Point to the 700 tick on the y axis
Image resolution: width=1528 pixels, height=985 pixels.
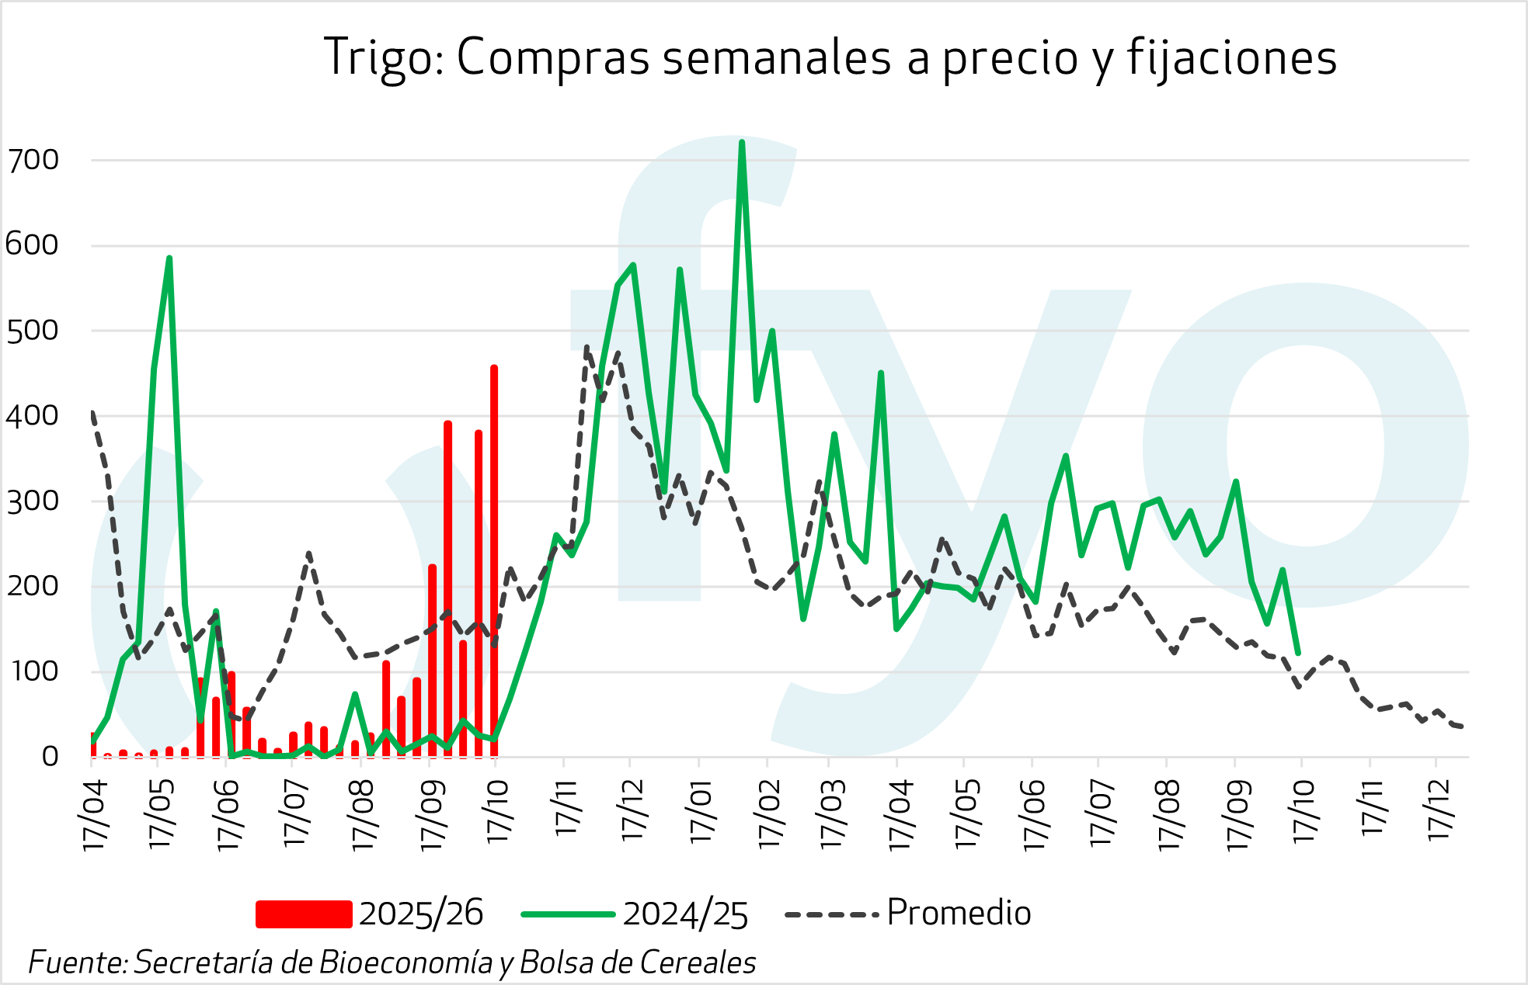(x=33, y=160)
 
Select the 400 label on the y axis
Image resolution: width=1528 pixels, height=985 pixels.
(x=33, y=416)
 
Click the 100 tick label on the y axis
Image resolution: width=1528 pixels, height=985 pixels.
(x=33, y=671)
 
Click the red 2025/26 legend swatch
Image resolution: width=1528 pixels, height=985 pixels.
(x=304, y=914)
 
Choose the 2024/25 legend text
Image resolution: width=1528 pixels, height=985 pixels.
(x=685, y=914)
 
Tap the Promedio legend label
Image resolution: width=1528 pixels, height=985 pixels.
(x=959, y=913)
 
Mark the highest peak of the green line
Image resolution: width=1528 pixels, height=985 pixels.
(x=742, y=143)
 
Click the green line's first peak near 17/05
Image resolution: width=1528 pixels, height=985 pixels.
(x=169, y=258)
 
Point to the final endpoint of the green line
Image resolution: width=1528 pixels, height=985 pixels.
(x=1298, y=653)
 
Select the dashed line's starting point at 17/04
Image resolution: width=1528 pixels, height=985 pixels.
(x=92, y=412)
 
